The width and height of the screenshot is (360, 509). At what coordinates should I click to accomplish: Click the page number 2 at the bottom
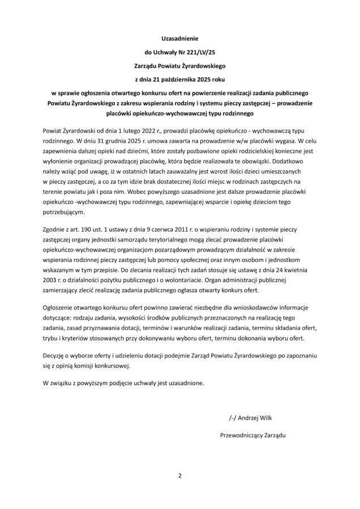pos(179,475)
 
